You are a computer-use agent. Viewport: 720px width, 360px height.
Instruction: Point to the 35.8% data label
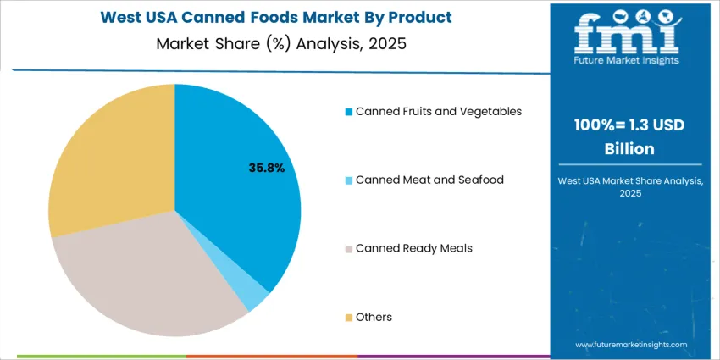266,169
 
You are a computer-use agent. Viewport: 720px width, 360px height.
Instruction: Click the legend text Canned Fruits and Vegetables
439,111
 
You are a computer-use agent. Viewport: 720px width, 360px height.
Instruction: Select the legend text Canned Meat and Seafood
429,180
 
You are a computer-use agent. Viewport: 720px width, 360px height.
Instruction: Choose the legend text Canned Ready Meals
414,248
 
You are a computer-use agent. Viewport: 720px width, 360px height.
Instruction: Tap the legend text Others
374,317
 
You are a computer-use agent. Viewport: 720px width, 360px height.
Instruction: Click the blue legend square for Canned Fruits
347,112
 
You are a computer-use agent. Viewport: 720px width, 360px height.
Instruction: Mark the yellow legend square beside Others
347,318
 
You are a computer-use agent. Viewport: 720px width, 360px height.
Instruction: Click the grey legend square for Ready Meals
347,249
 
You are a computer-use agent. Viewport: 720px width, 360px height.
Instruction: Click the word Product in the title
421,17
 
